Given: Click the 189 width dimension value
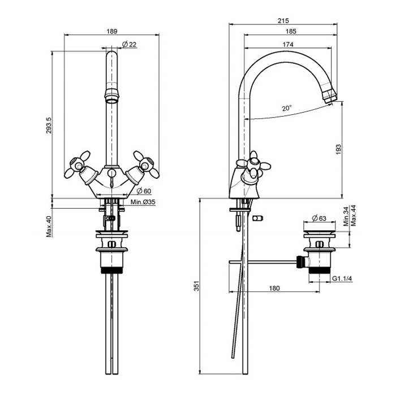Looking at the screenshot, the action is click(x=112, y=31).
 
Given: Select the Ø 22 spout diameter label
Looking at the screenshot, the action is click(x=129, y=45).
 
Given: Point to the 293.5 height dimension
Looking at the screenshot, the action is click(x=49, y=125).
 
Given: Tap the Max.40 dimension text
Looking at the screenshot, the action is click(x=49, y=226).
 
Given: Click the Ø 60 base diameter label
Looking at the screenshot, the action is click(x=144, y=191).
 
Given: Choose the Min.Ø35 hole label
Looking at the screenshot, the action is click(x=143, y=202).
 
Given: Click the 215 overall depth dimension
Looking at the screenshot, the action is click(x=283, y=21).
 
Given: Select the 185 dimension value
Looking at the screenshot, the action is click(x=291, y=31).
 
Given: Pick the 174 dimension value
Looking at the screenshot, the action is click(x=288, y=45).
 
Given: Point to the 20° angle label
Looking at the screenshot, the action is click(x=287, y=109).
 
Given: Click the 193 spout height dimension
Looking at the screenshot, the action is click(x=338, y=149).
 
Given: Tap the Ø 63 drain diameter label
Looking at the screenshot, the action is click(x=319, y=218).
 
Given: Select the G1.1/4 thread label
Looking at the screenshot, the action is click(x=342, y=278).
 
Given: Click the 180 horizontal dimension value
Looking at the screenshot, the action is click(x=274, y=288).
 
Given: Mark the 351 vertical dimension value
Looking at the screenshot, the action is click(x=196, y=286).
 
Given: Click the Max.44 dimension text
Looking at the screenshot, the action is click(x=354, y=216).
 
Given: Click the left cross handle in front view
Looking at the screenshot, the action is click(x=78, y=165).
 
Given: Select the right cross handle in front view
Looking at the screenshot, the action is click(x=147, y=164).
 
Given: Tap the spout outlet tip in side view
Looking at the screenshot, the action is click(x=330, y=97).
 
